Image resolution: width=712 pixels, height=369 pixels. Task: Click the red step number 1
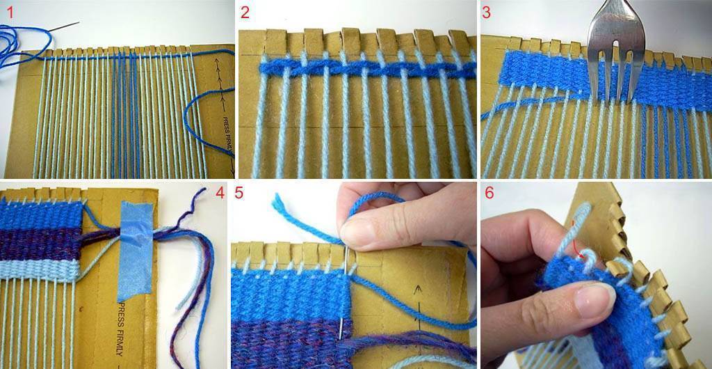10,13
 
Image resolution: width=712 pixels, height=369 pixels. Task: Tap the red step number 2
245,13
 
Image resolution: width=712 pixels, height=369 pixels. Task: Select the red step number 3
486,13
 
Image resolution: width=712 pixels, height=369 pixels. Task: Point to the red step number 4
220,193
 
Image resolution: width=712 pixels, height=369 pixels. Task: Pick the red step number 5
239,193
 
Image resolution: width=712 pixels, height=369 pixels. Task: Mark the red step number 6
489,193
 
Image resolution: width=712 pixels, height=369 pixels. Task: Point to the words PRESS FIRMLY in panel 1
227,136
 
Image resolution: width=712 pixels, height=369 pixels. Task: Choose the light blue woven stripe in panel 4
39,269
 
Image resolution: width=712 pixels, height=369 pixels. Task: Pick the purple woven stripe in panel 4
40,244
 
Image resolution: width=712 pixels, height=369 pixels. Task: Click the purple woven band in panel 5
291,344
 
